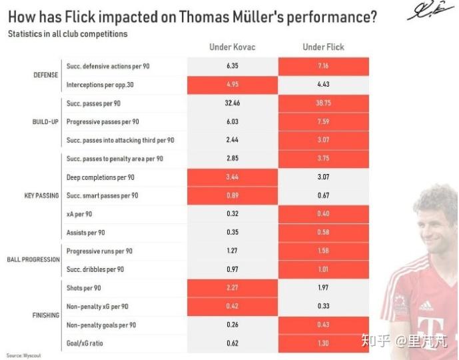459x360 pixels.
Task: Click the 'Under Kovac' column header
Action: (x=232, y=47)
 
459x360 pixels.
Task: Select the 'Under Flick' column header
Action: (x=323, y=47)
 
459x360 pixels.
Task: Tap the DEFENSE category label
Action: (x=46, y=75)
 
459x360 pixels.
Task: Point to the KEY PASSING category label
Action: (x=42, y=196)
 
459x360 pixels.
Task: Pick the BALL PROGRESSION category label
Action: (x=33, y=260)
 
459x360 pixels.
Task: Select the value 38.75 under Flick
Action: (x=324, y=104)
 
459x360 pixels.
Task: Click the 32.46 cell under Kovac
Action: (x=232, y=104)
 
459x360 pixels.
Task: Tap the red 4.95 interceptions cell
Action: (x=232, y=85)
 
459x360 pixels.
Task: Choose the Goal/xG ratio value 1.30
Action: (x=324, y=343)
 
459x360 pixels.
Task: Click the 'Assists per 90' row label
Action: (x=86, y=233)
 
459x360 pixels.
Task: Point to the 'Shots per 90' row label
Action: (x=84, y=287)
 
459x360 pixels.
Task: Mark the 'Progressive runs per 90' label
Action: (x=99, y=251)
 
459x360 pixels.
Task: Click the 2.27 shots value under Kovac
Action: (x=232, y=288)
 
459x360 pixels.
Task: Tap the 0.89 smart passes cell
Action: (x=232, y=195)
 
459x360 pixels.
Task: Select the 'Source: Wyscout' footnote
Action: (x=24, y=355)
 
